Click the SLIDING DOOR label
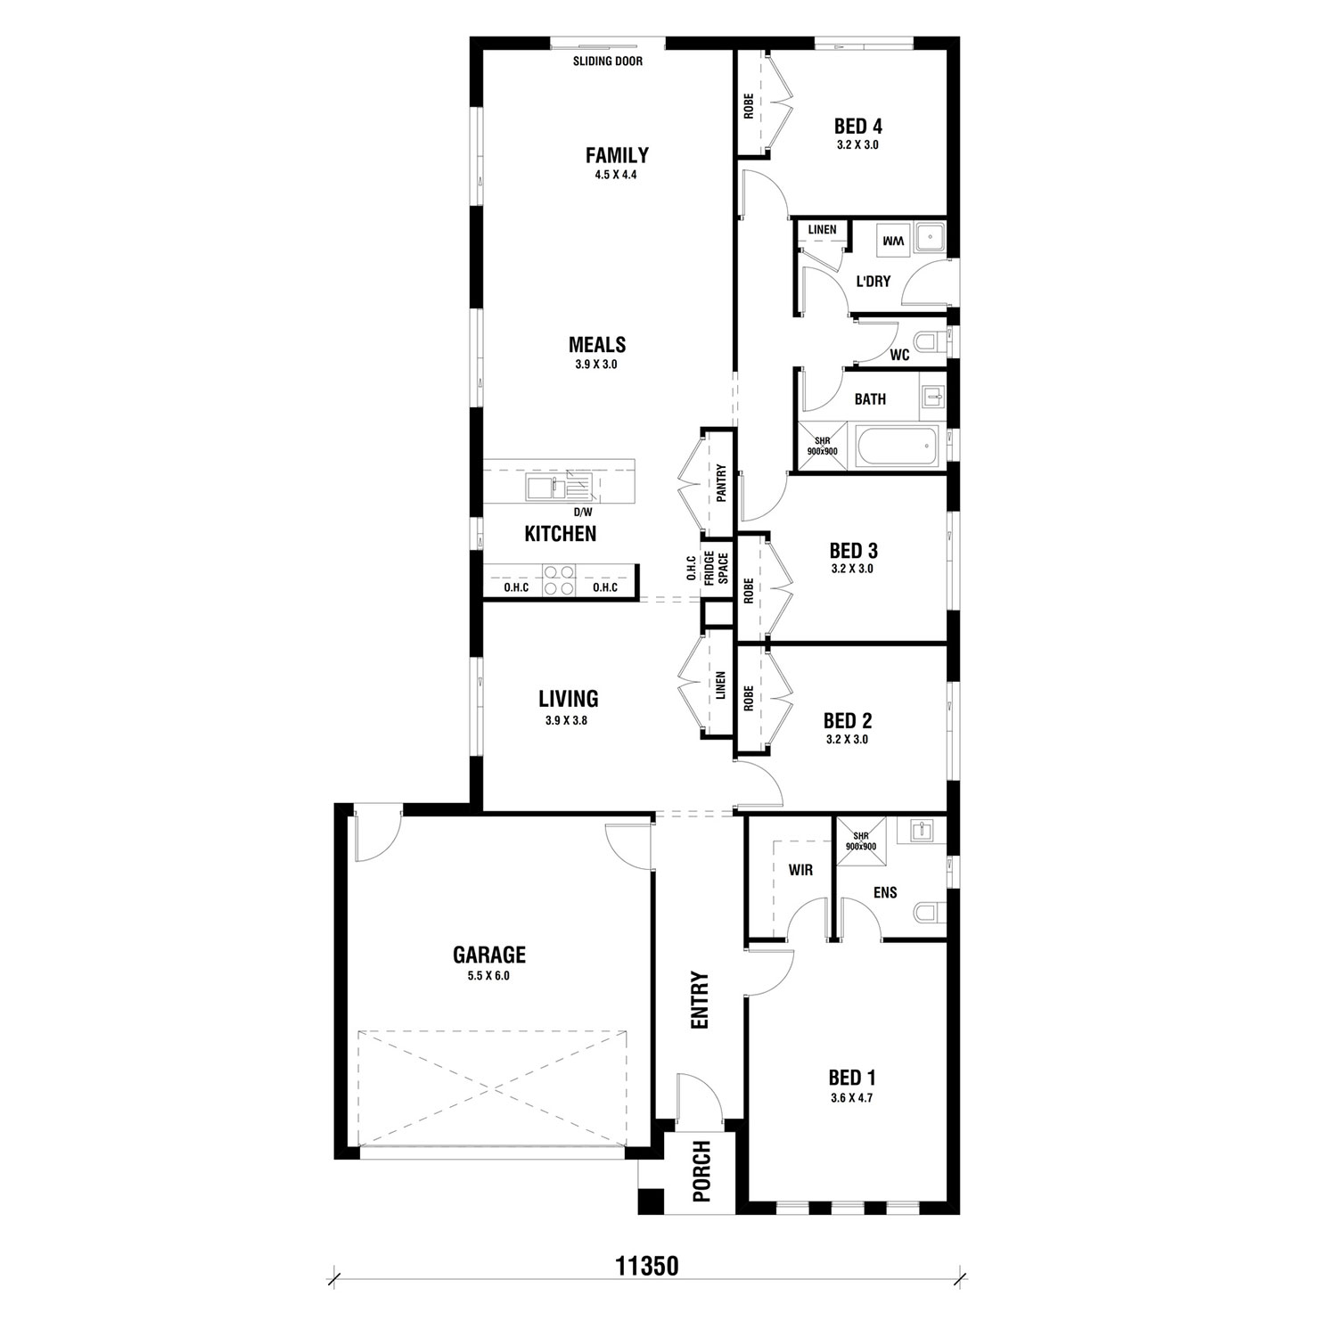coord(608,62)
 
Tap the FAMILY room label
coord(617,155)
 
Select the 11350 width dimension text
coord(647,1266)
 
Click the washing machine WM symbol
coord(892,241)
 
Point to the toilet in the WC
coord(931,341)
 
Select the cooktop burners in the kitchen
coord(559,580)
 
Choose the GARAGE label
coord(489,955)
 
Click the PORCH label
coord(701,1171)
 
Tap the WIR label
coord(800,870)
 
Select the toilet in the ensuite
coord(930,912)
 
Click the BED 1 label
coord(851,1078)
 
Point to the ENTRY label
coord(700,1001)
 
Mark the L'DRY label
coord(873,282)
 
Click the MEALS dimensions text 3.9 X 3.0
coord(596,365)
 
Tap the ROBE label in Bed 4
coord(748,106)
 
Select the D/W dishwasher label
coord(582,513)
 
